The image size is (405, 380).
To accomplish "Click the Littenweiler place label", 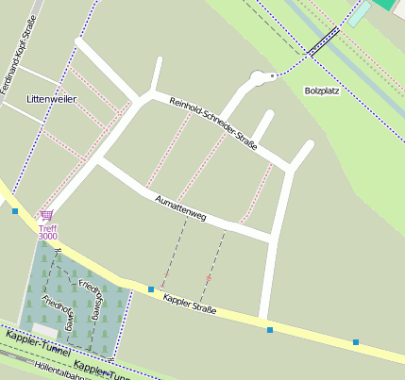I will tap(51, 98).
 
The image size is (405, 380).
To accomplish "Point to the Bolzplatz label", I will tap(322, 91).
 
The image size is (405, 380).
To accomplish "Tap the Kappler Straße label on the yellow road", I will tap(190, 304).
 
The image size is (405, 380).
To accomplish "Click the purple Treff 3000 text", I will tap(47, 232).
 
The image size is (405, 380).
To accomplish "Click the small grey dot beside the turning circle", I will tap(273, 74).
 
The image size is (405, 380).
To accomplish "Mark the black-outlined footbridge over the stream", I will tap(324, 41).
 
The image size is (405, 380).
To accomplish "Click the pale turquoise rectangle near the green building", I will tap(360, 14).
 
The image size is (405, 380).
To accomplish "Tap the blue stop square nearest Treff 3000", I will tap(15, 211).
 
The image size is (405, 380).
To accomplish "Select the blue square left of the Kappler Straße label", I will tap(151, 289).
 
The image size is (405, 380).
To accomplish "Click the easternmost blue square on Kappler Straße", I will tap(356, 342).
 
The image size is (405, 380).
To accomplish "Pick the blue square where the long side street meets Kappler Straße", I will tap(270, 330).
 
